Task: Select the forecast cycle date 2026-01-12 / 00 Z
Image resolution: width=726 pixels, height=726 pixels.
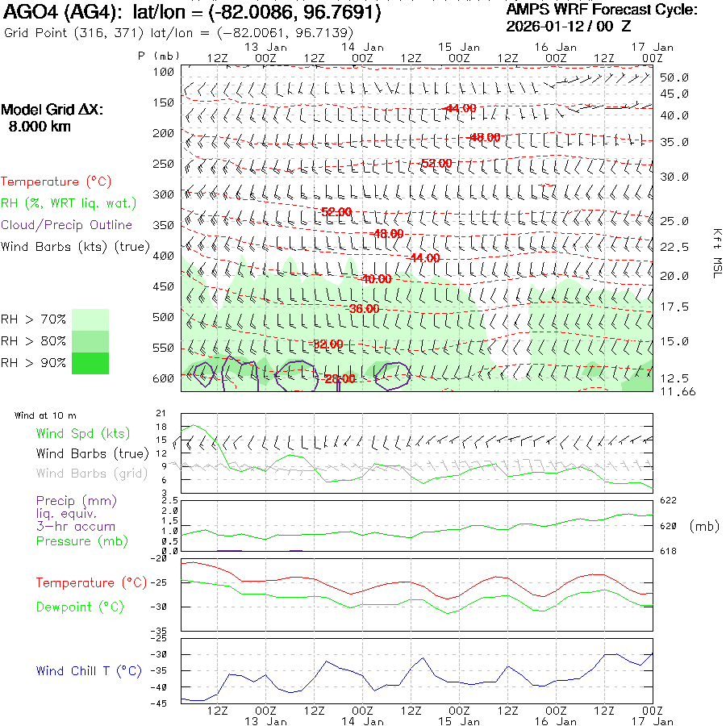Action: click(569, 26)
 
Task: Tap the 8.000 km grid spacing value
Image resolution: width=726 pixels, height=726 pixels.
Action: click(40, 127)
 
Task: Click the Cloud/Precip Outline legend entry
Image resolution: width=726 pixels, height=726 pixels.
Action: click(67, 225)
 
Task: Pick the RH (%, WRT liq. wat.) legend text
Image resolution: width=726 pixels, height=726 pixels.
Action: click(69, 203)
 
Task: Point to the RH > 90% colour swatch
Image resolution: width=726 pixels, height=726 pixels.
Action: click(90, 363)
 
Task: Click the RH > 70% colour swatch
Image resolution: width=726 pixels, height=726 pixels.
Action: click(90, 319)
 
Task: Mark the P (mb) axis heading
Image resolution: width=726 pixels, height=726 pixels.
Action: click(158, 56)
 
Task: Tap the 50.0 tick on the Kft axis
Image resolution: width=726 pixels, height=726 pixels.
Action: click(674, 77)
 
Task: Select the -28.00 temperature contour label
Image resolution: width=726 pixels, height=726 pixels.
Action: click(339, 378)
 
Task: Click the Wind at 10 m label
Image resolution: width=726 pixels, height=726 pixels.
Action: click(46, 415)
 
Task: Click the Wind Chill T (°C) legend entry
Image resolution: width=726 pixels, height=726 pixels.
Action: click(89, 671)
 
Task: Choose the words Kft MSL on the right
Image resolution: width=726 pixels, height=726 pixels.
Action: click(716, 252)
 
